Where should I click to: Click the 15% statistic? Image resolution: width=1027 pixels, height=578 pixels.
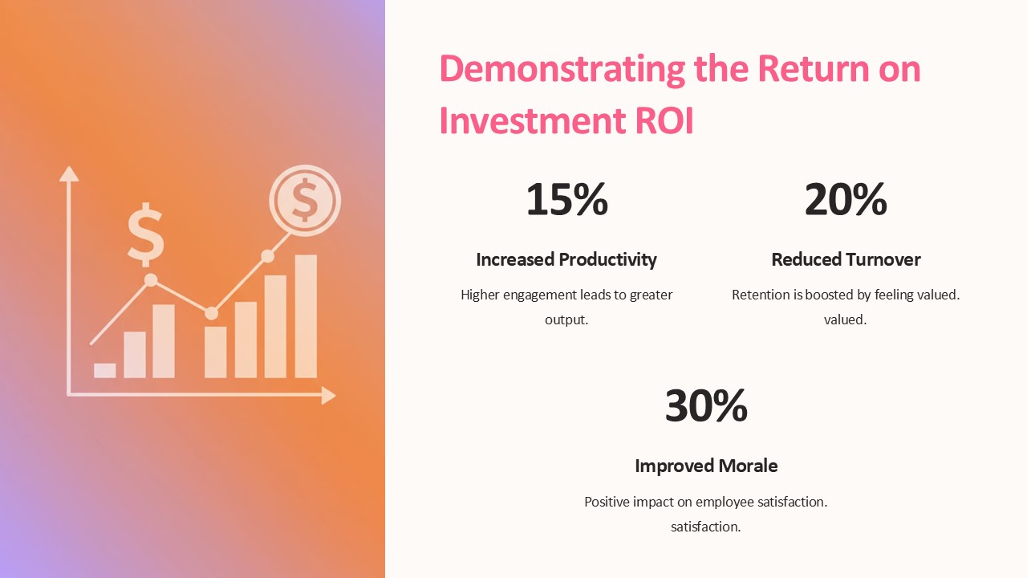(566, 199)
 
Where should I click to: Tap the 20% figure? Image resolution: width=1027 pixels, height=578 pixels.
(846, 199)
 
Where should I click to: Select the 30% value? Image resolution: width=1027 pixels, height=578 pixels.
(706, 405)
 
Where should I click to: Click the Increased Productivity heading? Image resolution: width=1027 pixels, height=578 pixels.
(566, 260)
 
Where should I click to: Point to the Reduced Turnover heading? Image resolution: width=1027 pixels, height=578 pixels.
(846, 259)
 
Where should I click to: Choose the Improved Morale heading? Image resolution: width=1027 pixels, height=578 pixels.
(706, 466)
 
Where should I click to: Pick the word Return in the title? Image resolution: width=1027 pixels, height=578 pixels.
(814, 69)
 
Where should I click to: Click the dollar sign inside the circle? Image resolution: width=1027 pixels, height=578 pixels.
(304, 200)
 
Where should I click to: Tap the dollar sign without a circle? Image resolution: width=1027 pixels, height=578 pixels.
(146, 234)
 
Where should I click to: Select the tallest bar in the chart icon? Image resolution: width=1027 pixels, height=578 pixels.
(306, 316)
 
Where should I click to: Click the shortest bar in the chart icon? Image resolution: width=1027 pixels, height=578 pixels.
(104, 371)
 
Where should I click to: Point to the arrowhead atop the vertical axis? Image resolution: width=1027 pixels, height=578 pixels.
(69, 174)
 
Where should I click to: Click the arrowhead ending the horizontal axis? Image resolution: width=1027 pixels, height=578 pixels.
(328, 396)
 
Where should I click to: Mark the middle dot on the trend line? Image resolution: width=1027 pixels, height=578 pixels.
(211, 313)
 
